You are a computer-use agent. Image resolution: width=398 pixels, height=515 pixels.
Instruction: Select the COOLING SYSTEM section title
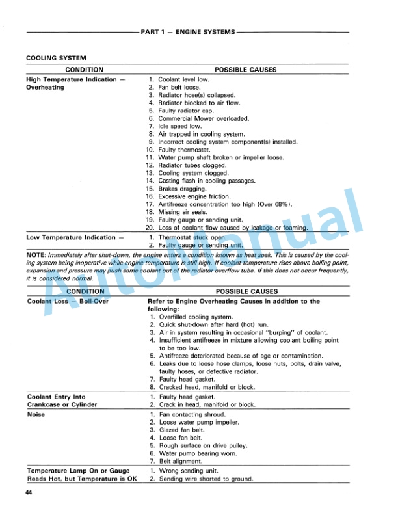tap(56, 59)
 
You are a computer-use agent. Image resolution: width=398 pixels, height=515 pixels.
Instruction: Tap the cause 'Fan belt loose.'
tap(179, 87)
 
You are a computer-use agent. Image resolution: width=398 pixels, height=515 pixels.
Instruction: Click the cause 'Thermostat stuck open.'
tap(192, 237)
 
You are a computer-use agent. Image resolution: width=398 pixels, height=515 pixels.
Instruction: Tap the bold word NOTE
tap(34, 255)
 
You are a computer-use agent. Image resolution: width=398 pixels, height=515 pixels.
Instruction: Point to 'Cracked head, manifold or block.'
tap(206, 387)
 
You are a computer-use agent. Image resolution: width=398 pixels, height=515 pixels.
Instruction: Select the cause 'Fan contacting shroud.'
tap(191, 414)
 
